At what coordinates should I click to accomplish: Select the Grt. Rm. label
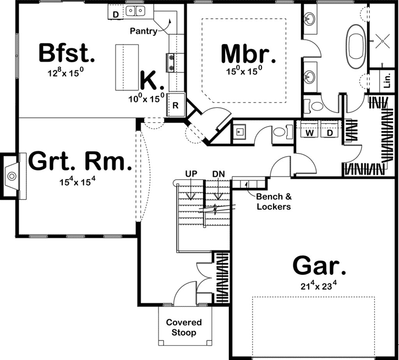coord(80,162)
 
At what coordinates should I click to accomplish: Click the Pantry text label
coord(143,31)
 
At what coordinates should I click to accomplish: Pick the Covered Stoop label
coord(184,328)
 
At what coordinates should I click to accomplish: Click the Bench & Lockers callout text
coord(272,201)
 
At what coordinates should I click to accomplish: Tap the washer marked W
coord(309,133)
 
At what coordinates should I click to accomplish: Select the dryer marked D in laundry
coord(330,133)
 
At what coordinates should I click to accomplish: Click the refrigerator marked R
coord(176,105)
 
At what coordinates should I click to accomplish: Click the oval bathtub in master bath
coord(356,42)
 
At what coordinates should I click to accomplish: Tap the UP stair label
coord(191,174)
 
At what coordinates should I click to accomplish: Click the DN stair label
coord(218,174)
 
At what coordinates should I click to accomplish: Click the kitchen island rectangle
coord(126,68)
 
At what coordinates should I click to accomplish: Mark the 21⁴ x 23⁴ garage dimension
coord(319,285)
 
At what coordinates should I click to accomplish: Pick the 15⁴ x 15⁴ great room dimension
coord(80,182)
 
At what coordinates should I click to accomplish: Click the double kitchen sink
coord(135,10)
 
